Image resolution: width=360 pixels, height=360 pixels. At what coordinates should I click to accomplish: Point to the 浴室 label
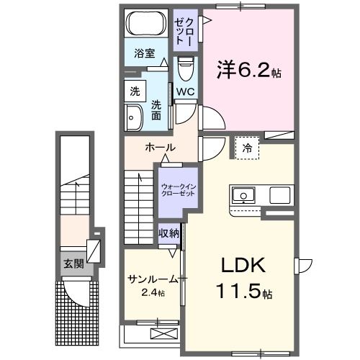tap(145, 53)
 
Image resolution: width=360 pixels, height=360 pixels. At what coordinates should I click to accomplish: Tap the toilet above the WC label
tap(185, 70)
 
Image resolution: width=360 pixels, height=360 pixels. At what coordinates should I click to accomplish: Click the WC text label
tap(184, 92)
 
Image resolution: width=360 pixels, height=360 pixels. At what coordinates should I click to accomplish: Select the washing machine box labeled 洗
tap(135, 91)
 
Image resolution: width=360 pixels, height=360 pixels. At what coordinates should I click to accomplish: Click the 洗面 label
tap(156, 111)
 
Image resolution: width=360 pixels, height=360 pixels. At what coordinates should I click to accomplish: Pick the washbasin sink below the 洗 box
tap(134, 117)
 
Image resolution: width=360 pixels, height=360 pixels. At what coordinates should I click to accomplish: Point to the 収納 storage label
tap(169, 233)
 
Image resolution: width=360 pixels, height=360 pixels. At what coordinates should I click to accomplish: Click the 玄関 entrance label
tap(73, 264)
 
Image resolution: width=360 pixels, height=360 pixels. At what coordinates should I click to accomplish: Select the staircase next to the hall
tap(140, 194)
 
